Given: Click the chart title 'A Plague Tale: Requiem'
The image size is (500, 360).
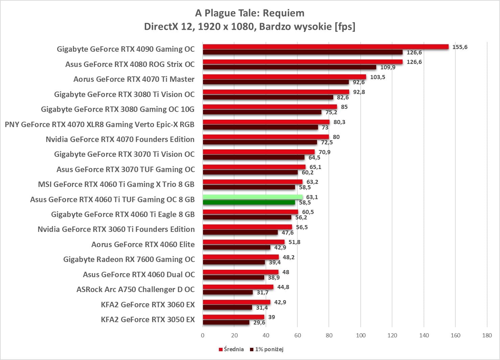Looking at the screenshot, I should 250,13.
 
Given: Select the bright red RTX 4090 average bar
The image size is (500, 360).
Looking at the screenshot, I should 325,47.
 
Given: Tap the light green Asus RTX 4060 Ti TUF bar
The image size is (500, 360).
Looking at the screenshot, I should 253,197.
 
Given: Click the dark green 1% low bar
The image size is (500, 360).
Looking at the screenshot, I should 249,202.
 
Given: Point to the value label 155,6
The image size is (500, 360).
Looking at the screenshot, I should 460,47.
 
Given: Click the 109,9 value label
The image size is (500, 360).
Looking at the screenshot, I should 388,67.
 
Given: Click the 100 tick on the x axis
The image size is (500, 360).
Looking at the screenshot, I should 361,335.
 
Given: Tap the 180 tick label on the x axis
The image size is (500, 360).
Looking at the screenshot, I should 487,335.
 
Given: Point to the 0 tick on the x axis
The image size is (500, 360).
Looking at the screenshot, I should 203,335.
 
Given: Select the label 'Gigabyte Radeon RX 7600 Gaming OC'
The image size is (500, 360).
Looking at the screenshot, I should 129,259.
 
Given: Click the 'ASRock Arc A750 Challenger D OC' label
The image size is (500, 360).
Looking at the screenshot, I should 135,289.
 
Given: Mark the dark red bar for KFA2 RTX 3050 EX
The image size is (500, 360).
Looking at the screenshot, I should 226,322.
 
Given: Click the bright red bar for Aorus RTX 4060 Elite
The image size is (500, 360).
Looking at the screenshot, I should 244,242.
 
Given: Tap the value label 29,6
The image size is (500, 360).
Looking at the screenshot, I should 259,322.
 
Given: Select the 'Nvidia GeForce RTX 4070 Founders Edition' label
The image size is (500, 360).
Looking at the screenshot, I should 120,139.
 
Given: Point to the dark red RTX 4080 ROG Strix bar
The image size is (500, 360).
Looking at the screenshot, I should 289,67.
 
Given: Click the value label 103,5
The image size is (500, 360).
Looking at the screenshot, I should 378,77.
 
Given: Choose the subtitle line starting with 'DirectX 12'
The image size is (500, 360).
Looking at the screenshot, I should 250,26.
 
